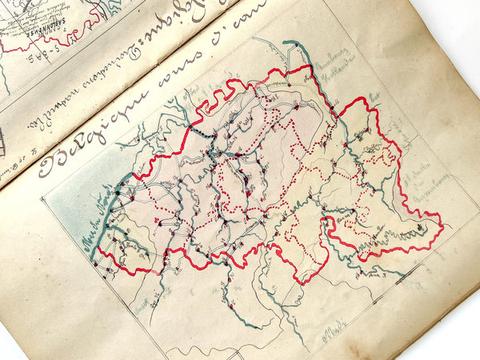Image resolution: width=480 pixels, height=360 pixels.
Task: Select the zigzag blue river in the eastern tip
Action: [384, 240]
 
